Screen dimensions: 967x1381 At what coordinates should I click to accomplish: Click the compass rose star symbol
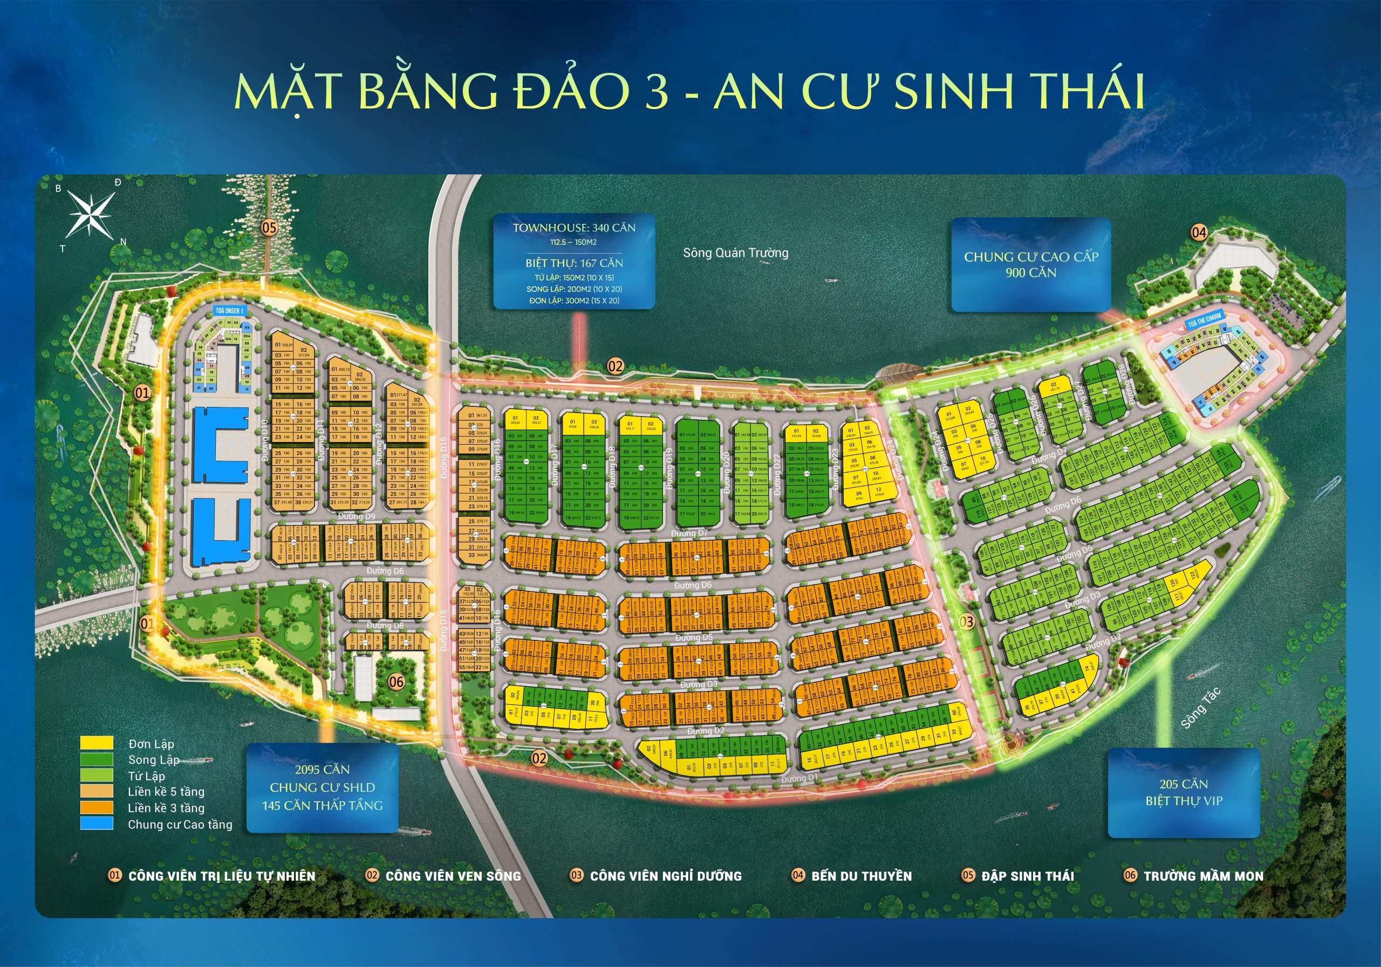(x=90, y=214)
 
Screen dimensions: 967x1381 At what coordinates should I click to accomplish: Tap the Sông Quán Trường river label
(x=735, y=253)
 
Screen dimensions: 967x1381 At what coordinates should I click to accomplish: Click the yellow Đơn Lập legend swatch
(x=97, y=744)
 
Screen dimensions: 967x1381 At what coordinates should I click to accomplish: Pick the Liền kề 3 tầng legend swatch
(x=97, y=807)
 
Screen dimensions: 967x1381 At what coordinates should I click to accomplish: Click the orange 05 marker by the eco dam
(x=269, y=228)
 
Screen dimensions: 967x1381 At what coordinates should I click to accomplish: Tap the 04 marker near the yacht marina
(x=1199, y=232)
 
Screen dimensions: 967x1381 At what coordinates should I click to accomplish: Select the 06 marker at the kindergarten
(x=396, y=682)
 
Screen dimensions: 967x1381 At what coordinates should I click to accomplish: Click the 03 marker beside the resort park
(x=966, y=622)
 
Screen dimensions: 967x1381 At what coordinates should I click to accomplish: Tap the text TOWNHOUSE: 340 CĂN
(x=574, y=228)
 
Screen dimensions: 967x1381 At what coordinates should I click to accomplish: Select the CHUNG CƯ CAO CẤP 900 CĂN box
(x=1030, y=265)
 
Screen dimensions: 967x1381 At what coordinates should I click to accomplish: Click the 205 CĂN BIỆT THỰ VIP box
(x=1183, y=793)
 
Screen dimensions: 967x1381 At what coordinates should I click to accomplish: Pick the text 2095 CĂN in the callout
(x=322, y=769)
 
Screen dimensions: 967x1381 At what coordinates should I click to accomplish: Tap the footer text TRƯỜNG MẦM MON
(x=1203, y=876)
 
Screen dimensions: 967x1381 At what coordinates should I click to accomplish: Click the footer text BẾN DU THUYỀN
(x=861, y=876)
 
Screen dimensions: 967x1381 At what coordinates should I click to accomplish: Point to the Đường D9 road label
(x=356, y=516)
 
